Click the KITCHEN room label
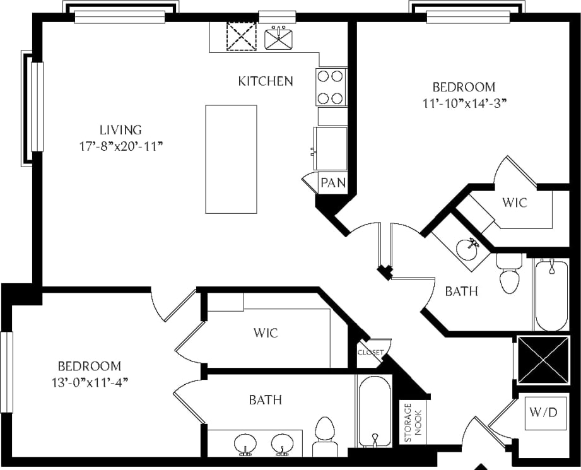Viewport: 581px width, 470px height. coord(265,81)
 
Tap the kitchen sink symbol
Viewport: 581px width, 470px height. coord(279,37)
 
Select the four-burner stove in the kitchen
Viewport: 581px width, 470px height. coord(331,87)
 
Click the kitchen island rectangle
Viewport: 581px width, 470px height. coord(231,159)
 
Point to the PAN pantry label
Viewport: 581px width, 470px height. coord(332,184)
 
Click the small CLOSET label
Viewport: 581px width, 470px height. coord(370,353)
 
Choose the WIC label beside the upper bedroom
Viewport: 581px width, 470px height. coord(514,203)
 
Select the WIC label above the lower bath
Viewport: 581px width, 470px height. coord(265,332)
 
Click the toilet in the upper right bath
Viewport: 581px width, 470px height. coord(510,274)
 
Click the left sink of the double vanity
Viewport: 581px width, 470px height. coord(245,444)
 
